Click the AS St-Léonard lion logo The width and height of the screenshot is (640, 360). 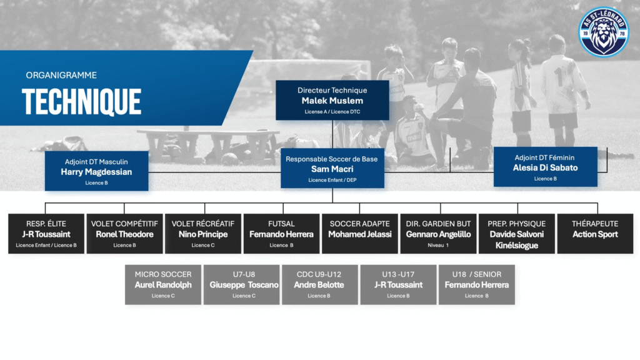(604, 32)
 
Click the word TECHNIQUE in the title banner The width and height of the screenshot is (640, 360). (82, 102)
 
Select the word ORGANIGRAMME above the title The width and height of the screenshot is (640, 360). (61, 75)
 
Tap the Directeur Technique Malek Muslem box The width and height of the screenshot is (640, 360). (332, 100)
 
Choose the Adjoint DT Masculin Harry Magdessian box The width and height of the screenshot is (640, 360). (97, 171)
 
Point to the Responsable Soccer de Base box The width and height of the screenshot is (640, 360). (332, 168)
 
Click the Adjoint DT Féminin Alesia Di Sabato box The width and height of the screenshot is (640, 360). (545, 167)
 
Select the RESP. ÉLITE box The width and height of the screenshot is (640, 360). (46, 234)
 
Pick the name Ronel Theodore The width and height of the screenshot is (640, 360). (124, 234)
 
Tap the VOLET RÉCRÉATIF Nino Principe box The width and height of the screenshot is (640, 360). (203, 234)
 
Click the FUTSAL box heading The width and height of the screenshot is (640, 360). (281, 224)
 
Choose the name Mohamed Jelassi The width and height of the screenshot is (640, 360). (359, 234)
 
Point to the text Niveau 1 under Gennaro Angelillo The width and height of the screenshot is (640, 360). (438, 245)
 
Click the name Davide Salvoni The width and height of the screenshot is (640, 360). (517, 234)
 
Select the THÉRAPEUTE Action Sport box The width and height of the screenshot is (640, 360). (595, 234)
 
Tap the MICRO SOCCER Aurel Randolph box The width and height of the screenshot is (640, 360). (163, 285)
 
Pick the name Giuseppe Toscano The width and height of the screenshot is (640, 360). (244, 285)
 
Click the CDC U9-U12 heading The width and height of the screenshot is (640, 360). (319, 274)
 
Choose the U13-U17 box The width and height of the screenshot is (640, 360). (398, 285)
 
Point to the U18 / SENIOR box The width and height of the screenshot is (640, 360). (477, 285)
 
